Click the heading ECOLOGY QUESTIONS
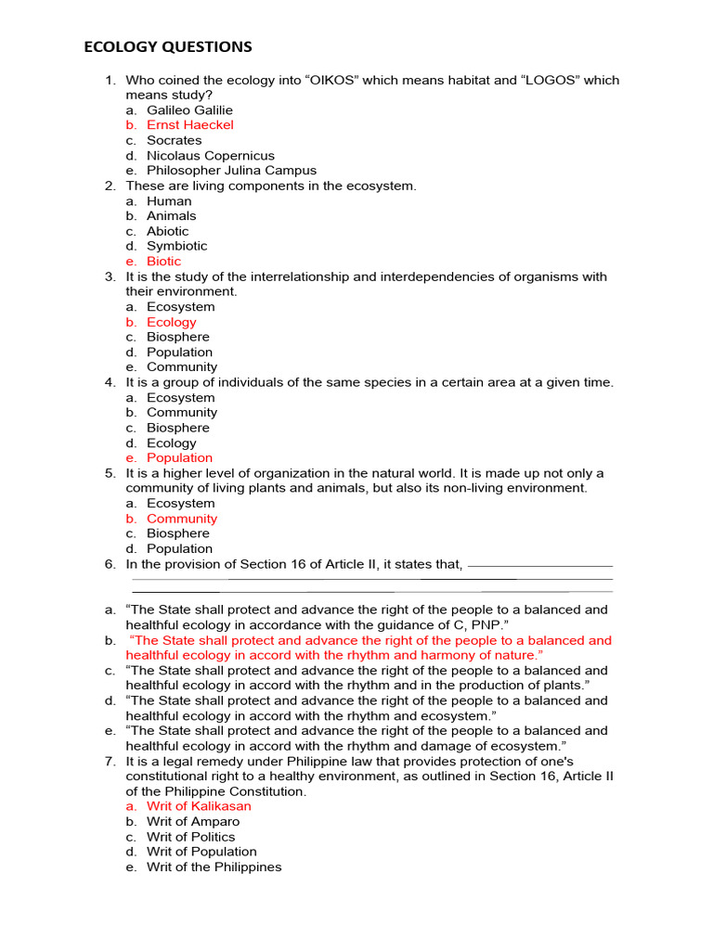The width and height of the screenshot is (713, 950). pyautogui.click(x=168, y=47)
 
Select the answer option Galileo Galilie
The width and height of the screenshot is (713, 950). pyautogui.click(x=189, y=109)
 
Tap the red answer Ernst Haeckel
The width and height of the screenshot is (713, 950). pyautogui.click(x=189, y=124)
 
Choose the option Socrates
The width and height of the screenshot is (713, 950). pyautogui.click(x=174, y=140)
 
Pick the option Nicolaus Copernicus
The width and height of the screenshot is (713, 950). pyautogui.click(x=210, y=156)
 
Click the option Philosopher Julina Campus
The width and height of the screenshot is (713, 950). pyautogui.click(x=231, y=171)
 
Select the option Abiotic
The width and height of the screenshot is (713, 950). pyautogui.click(x=167, y=231)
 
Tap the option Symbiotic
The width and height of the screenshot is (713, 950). pyautogui.click(x=176, y=246)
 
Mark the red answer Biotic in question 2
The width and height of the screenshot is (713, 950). pyautogui.click(x=163, y=262)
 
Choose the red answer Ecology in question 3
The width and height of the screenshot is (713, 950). pyautogui.click(x=171, y=322)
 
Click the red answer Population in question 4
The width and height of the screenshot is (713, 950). pyautogui.click(x=179, y=457)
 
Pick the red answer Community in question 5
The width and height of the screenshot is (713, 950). pyautogui.click(x=181, y=519)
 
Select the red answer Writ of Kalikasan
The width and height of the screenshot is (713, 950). pyautogui.click(x=199, y=806)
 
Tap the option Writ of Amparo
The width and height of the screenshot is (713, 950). pyautogui.click(x=192, y=821)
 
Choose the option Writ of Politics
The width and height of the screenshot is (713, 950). pyautogui.click(x=190, y=837)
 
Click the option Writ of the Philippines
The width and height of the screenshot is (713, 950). pyautogui.click(x=214, y=867)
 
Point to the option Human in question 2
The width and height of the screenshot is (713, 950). pyautogui.click(x=169, y=201)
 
